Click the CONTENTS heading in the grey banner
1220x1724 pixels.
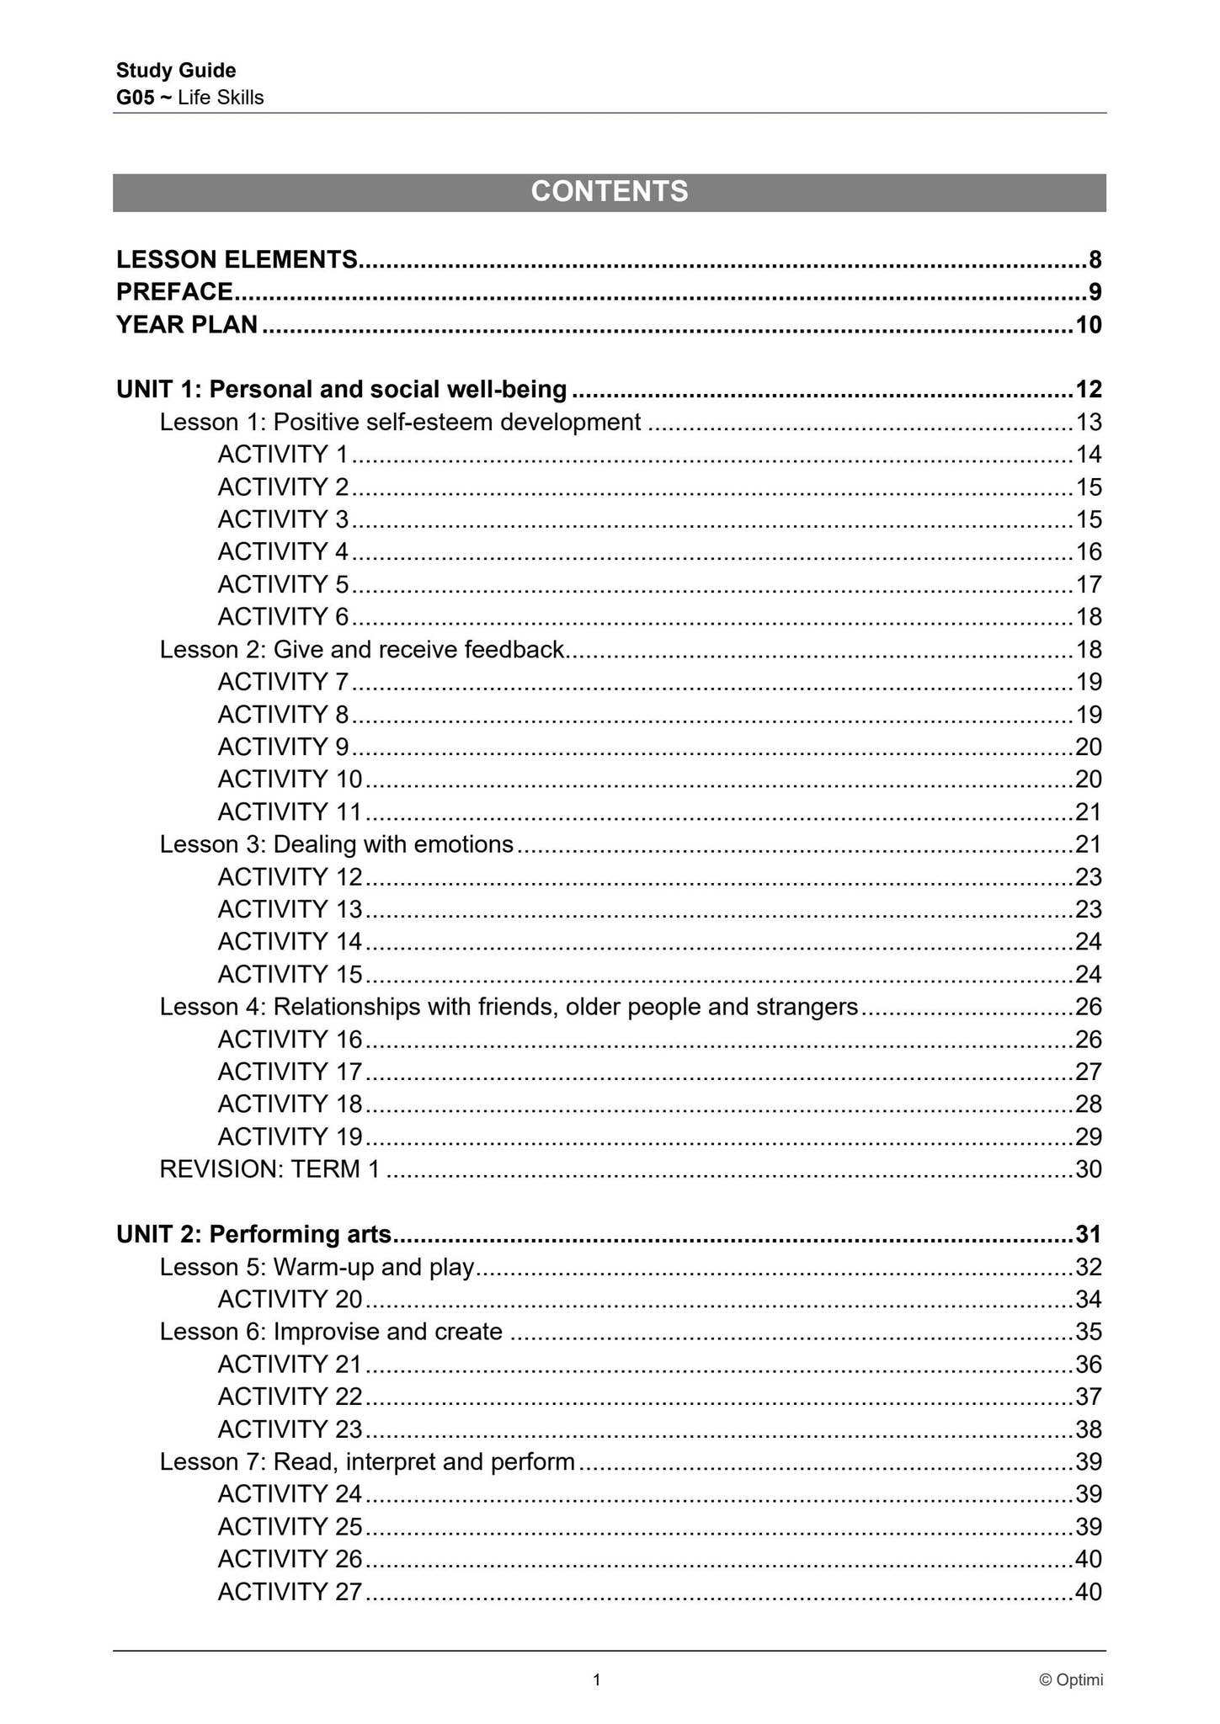point(609,192)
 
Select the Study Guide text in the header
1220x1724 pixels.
point(176,71)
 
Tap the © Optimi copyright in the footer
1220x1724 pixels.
point(1071,1680)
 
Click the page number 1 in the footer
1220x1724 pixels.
point(597,1680)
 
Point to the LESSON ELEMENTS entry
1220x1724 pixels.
point(237,260)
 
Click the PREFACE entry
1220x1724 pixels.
point(174,292)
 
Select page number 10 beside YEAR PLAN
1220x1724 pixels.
point(1088,325)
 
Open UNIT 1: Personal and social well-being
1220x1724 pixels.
point(341,390)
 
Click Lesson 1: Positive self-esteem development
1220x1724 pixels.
point(400,422)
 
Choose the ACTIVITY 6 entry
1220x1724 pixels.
point(282,617)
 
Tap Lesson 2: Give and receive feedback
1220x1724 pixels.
point(361,650)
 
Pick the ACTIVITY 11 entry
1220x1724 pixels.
point(289,812)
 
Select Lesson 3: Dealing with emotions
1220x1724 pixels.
point(336,844)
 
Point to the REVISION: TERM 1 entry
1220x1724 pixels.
point(269,1169)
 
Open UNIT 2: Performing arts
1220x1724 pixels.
point(253,1234)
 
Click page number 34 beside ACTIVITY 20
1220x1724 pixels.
point(1088,1300)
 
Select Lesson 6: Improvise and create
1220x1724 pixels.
point(331,1332)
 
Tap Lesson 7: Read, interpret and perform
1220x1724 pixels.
point(367,1462)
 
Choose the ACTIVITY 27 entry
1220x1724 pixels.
point(289,1592)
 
